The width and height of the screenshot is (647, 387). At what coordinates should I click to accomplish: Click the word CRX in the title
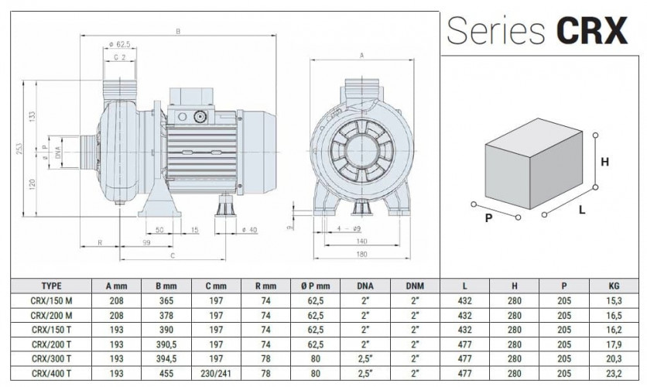tap(591, 32)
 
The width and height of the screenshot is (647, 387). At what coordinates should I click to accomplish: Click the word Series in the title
tap(498, 32)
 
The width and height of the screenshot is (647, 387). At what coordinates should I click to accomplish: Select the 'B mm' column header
tap(158, 285)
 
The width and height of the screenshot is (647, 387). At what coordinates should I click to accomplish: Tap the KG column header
tap(614, 285)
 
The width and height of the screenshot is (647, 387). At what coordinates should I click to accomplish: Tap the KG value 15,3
tap(614, 299)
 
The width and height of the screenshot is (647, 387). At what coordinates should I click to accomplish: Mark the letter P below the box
tap(488, 218)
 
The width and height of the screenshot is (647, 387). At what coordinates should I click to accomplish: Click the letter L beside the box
tap(581, 210)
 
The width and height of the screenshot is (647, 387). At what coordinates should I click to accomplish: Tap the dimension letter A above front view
tap(361, 55)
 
